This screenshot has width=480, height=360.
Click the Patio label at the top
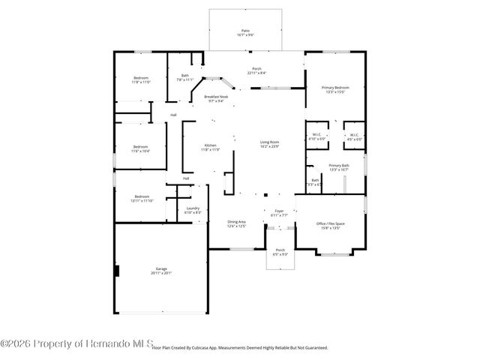[244, 31]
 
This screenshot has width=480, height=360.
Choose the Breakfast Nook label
[216, 97]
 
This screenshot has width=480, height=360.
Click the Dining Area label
[237, 221]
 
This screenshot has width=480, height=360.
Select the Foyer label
[279, 211]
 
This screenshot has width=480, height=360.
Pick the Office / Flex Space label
[330, 224]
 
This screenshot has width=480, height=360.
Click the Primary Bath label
[339, 166]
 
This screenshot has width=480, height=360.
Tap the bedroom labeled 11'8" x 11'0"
[142, 78]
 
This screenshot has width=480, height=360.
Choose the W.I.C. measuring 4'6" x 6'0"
[354, 139]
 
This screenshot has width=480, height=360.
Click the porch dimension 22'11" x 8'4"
[256, 73]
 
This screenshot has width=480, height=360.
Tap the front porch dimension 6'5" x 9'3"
[280, 254]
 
